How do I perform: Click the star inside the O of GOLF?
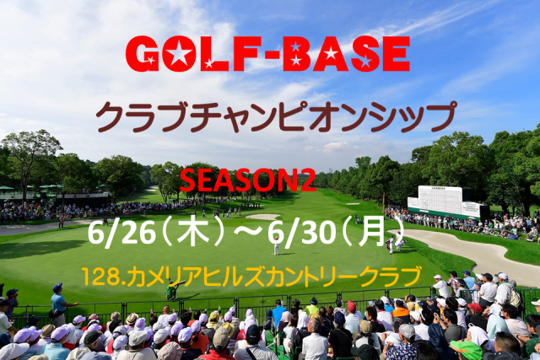pyautogui.click(x=179, y=54)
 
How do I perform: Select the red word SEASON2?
pyautogui.click(x=247, y=180)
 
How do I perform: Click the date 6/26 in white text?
pyautogui.click(x=121, y=233)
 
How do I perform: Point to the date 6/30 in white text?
pyautogui.click(x=302, y=233)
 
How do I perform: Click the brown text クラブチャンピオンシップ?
pyautogui.click(x=276, y=116)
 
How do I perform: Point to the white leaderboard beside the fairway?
pyautogui.click(x=445, y=201)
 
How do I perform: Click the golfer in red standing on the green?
pyautogui.click(x=276, y=245)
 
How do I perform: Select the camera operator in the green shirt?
pyautogui.click(x=171, y=289)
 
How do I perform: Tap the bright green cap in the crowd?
pyautogui.click(x=466, y=349)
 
